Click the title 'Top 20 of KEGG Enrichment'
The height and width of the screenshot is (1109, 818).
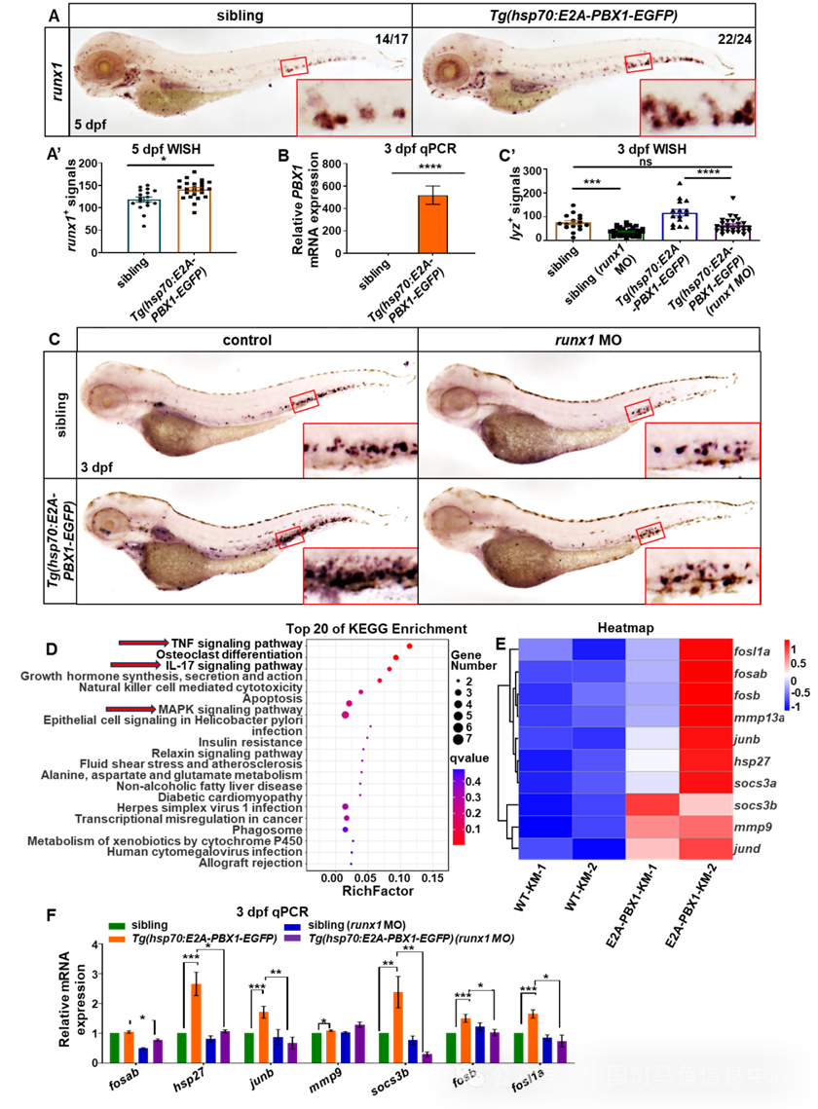[376, 629]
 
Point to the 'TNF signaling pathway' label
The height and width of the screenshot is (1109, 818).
[236, 644]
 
